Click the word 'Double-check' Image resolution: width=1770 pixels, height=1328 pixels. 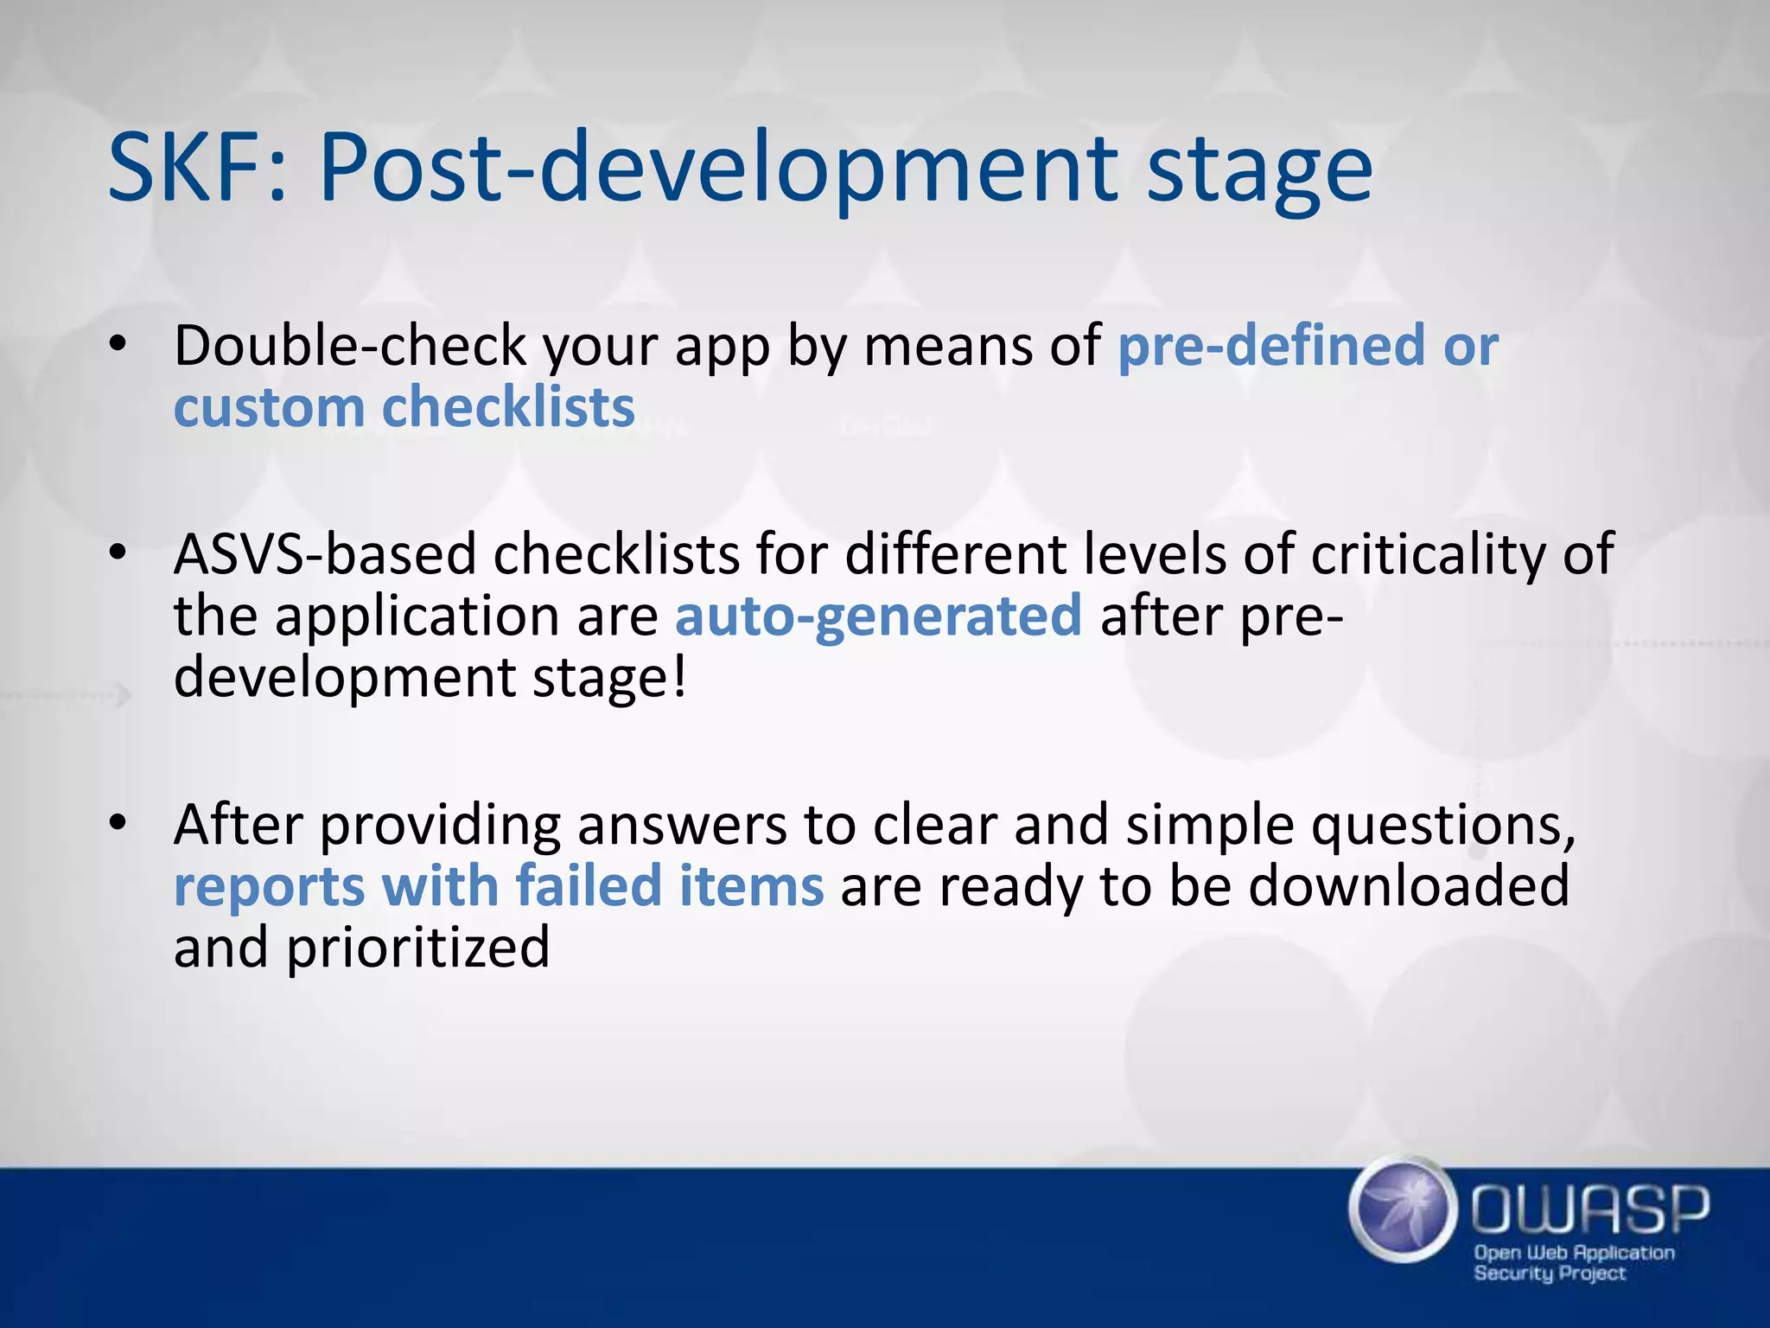(x=349, y=346)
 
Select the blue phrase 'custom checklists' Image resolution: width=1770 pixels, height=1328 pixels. (x=404, y=407)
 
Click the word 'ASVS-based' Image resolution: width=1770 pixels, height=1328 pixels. (x=324, y=554)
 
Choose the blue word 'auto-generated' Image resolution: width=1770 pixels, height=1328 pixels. (x=877, y=616)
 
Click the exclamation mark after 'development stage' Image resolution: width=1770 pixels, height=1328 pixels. (x=679, y=677)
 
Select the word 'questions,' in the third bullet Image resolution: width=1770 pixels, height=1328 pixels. (x=1442, y=826)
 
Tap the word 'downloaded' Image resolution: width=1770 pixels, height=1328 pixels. (x=1409, y=886)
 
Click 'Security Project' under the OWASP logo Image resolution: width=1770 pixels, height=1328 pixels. (x=1550, y=1274)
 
